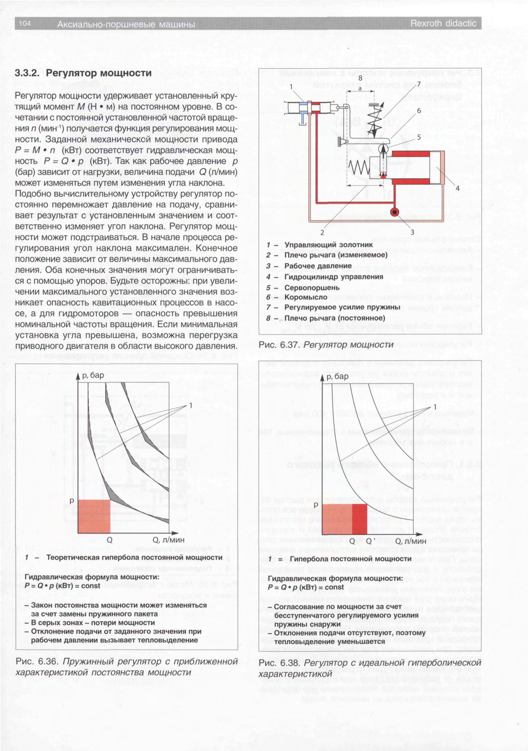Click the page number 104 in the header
(x=25, y=23)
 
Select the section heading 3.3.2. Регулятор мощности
(x=83, y=73)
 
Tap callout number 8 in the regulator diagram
(x=360, y=78)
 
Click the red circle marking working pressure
(x=395, y=212)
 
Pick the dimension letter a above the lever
(x=360, y=88)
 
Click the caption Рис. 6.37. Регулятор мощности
(x=326, y=345)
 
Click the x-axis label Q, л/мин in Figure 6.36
(x=168, y=540)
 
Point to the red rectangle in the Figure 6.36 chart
(x=94, y=516)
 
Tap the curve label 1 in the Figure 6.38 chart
(x=435, y=407)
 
